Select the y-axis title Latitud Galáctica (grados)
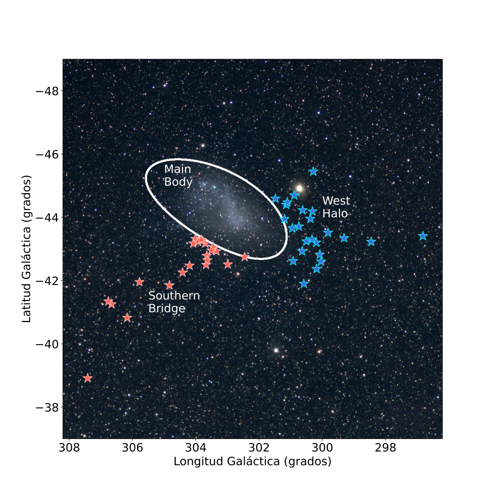26,249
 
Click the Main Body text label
178,176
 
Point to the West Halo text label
336,207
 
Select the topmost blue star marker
313,172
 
